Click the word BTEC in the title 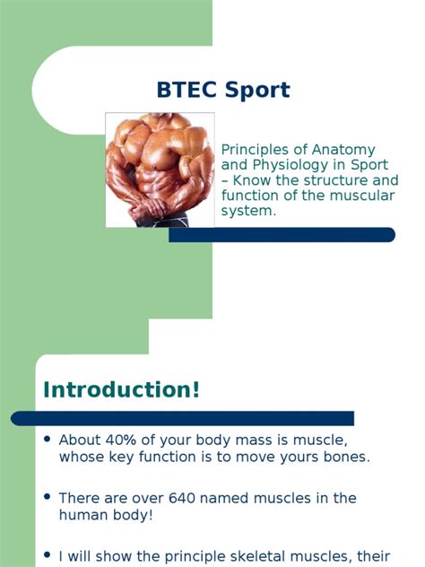[x=184, y=91]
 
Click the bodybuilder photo [x=160, y=169]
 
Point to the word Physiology [x=290, y=165]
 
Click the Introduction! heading [x=122, y=390]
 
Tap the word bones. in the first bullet [x=349, y=457]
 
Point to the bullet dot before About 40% [x=47, y=440]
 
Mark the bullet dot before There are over [x=47, y=497]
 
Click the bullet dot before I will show [x=47, y=555]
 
